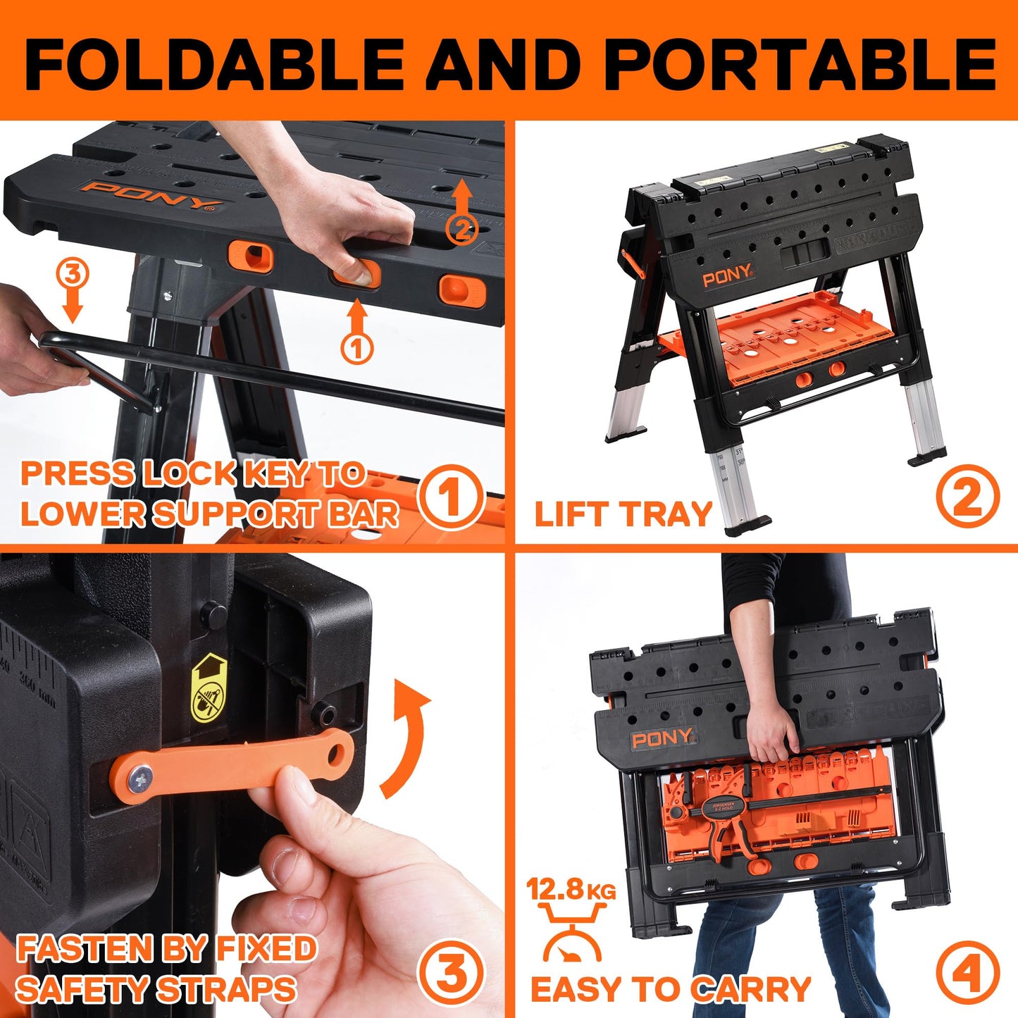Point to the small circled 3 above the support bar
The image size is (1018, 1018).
pyautogui.click(x=73, y=275)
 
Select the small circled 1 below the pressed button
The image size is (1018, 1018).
pyautogui.click(x=357, y=348)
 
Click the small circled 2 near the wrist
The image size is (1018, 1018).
pyautogui.click(x=462, y=229)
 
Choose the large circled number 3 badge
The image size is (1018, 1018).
pyautogui.click(x=451, y=974)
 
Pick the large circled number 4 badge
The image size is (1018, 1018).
pyautogui.click(x=967, y=974)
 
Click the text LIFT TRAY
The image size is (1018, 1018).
pyautogui.click(x=623, y=514)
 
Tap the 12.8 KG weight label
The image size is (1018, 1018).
pyautogui.click(x=571, y=890)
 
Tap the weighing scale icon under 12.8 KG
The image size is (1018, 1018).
pyautogui.click(x=571, y=933)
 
